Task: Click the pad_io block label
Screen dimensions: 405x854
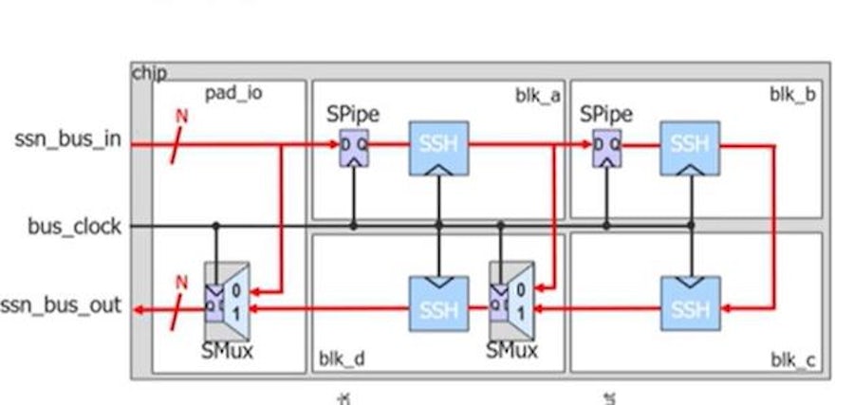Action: click(x=233, y=93)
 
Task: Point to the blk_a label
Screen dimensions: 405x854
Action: click(x=537, y=95)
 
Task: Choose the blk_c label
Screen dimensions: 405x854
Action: click(x=792, y=360)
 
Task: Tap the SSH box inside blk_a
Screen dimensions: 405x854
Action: click(x=438, y=148)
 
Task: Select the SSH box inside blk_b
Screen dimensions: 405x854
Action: click(x=690, y=148)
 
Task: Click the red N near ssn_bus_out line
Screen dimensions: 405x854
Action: click(x=181, y=282)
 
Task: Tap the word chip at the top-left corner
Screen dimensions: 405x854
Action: click(x=149, y=73)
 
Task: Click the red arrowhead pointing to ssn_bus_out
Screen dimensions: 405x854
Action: click(x=140, y=309)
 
